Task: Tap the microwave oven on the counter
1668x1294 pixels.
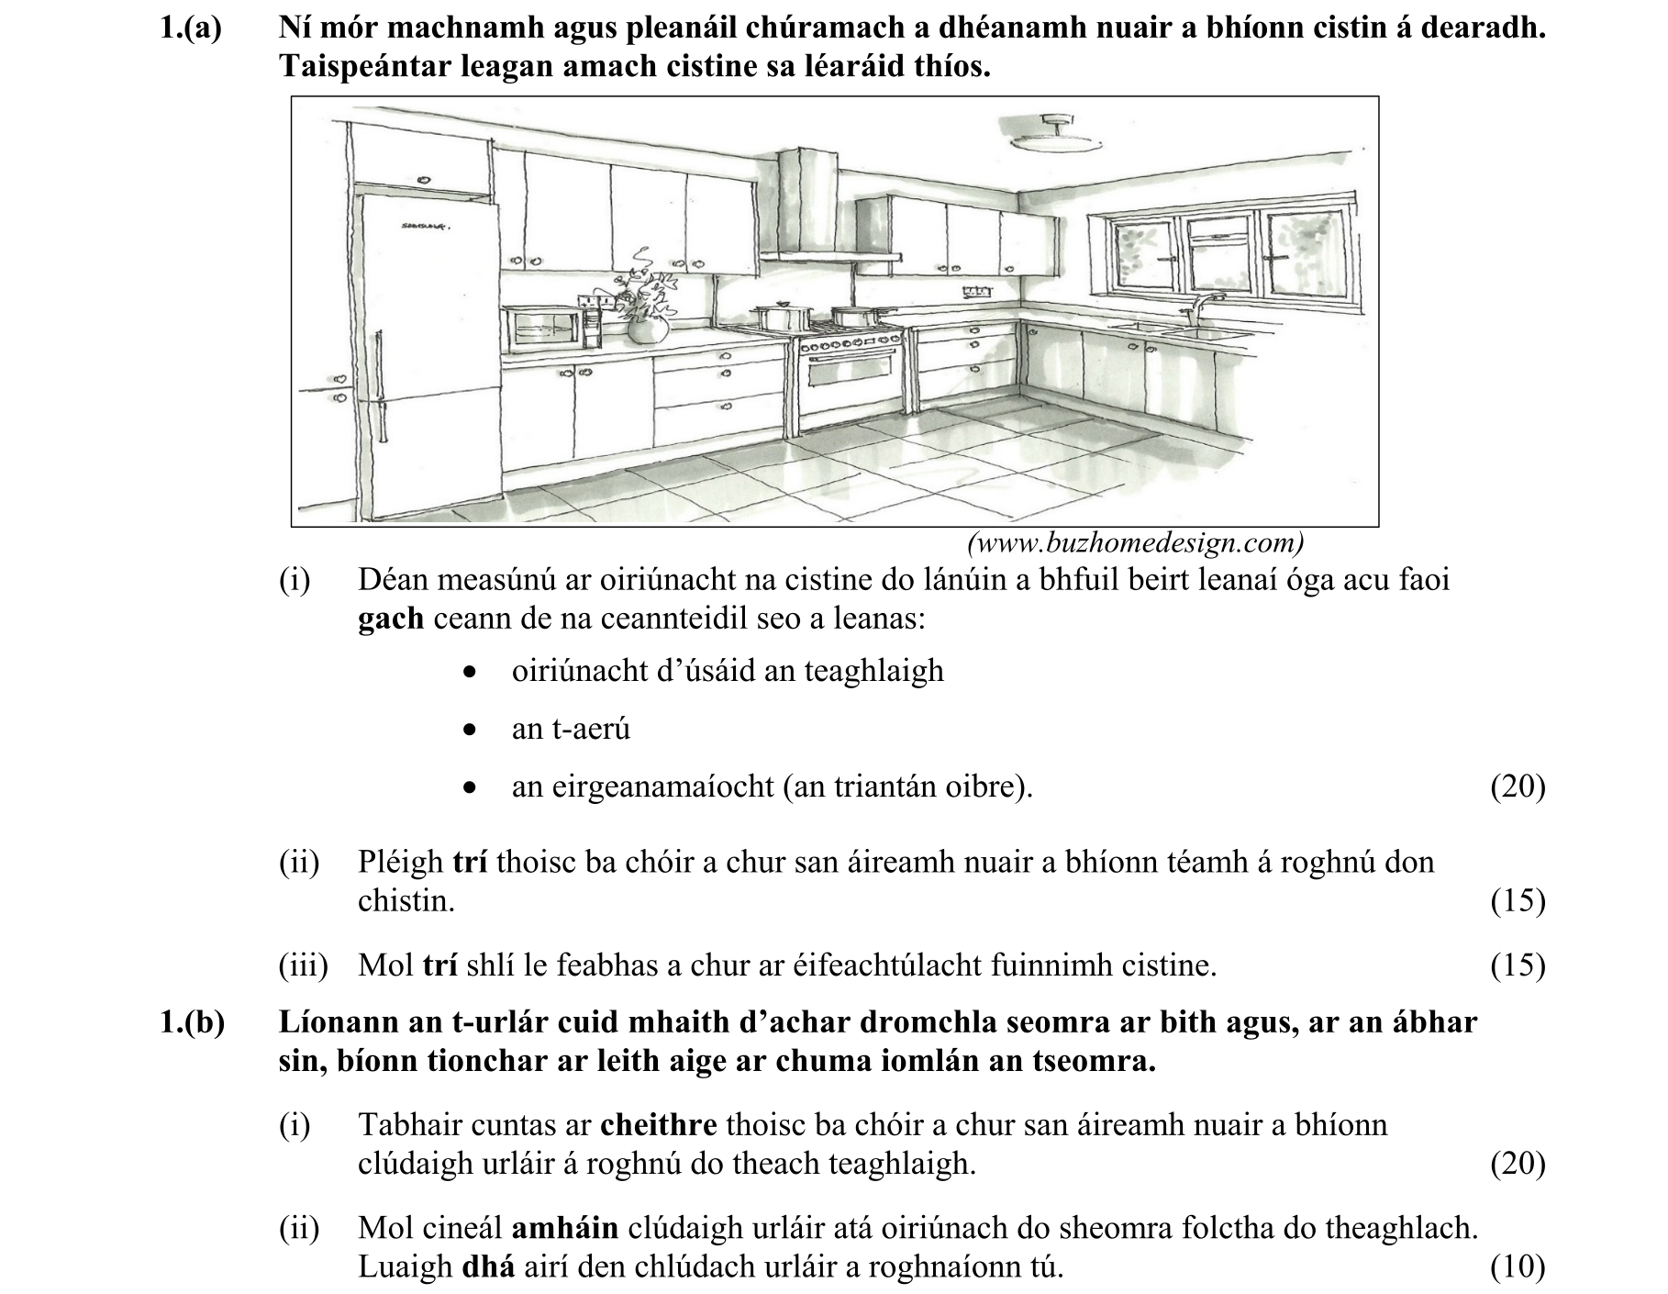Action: click(543, 328)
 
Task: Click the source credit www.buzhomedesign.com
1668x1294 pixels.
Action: click(1135, 543)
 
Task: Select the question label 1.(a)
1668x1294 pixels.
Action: click(191, 28)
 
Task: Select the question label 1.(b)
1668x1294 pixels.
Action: click(192, 1022)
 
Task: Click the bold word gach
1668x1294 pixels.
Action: click(390, 619)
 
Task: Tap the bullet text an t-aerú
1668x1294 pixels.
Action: click(571, 729)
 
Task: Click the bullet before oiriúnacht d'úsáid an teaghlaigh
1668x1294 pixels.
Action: click(470, 673)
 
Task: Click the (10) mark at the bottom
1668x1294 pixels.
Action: click(1518, 1267)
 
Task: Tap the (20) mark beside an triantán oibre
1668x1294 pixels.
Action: click(1518, 786)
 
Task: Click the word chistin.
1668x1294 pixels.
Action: click(406, 901)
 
